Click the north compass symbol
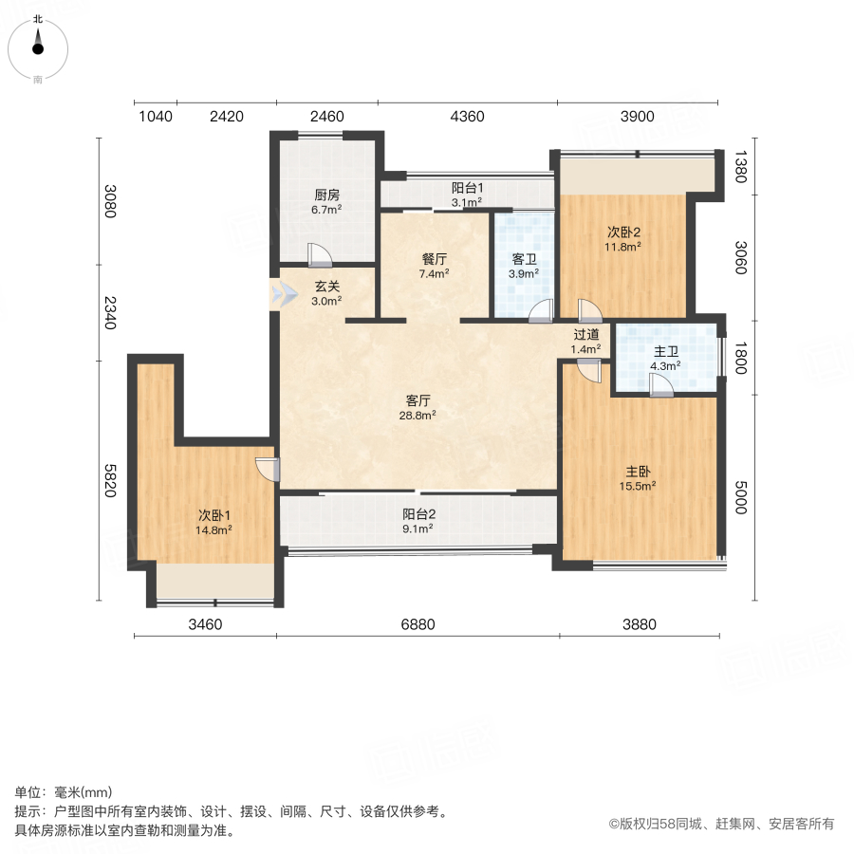point(38,49)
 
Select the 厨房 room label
point(326,195)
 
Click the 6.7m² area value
point(326,210)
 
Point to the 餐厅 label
point(434,259)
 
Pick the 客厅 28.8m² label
point(418,408)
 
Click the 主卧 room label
point(638,472)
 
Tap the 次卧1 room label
point(214,515)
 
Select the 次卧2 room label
point(623,232)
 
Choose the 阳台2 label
point(418,514)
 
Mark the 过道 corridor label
point(586,334)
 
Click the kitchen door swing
point(319,254)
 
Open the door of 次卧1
point(268,470)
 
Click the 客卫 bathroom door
point(542,311)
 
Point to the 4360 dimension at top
point(467,116)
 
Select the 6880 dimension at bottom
point(418,624)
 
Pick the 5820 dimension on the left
point(110,480)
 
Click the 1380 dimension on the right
point(741,167)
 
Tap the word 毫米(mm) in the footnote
point(84,792)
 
